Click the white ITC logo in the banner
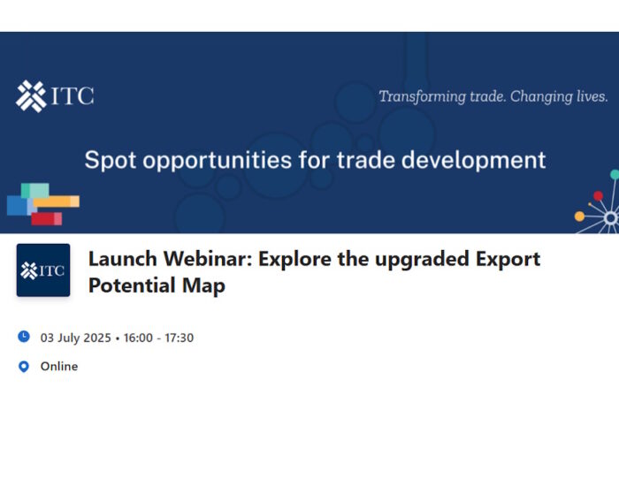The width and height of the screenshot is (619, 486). pos(55,96)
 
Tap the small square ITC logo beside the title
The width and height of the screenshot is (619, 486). pos(43,270)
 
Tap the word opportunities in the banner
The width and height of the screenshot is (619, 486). pos(218,160)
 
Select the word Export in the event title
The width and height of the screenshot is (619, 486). pos(508,259)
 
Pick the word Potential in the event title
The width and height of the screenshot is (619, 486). pos(133,285)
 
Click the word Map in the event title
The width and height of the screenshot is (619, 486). pos(203,285)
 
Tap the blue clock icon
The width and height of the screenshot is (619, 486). pos(24,337)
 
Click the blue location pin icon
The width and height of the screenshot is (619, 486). pos(24,367)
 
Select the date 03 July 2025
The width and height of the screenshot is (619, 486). pos(76,338)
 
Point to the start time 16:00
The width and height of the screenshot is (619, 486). pos(138,338)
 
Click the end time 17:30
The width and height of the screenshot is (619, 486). pos(180,338)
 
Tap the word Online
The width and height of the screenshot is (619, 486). pos(59,367)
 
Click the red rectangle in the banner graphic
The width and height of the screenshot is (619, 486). pos(47,219)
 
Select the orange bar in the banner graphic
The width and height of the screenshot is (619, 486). pos(57,201)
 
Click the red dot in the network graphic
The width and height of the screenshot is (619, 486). pos(598,196)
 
